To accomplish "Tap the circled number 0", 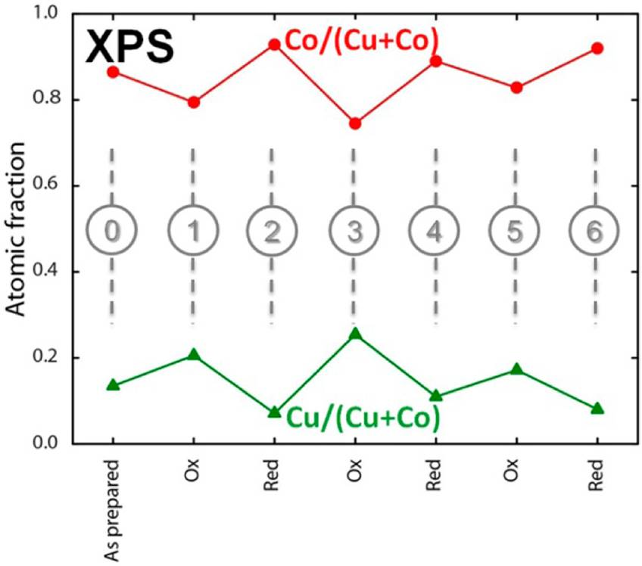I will tap(113, 230).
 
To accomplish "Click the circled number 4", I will tap(435, 230).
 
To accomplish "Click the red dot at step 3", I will tap(355, 123).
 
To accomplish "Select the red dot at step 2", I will tap(275, 45).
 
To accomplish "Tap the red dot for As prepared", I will tap(114, 72).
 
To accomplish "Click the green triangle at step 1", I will tap(194, 355).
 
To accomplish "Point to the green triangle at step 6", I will tap(597, 409).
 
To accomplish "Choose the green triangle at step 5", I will tap(516, 369).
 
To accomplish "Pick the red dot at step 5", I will tap(516, 88).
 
